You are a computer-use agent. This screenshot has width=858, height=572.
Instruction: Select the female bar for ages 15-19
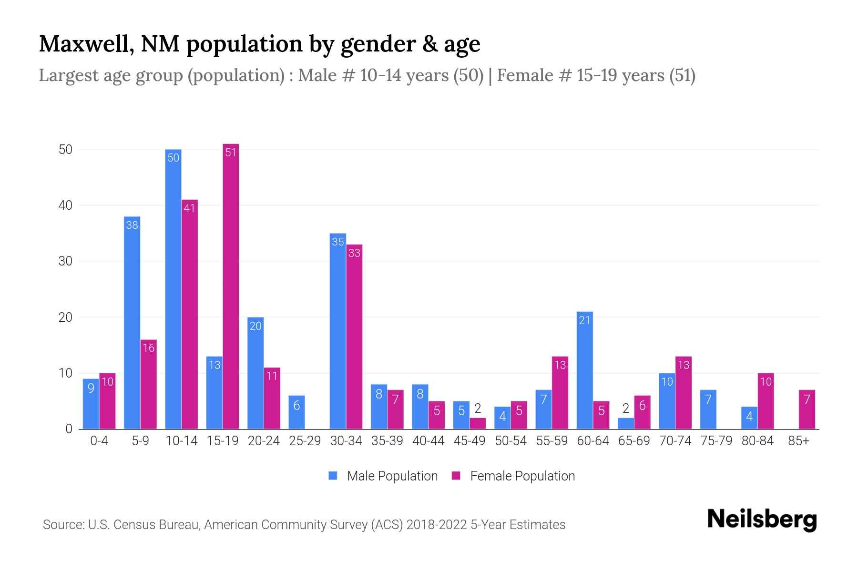[x=231, y=286]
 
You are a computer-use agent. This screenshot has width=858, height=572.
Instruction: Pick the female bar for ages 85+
[x=807, y=409]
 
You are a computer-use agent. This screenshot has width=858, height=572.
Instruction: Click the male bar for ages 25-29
[x=296, y=412]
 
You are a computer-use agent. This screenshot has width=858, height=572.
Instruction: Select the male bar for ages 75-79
[x=708, y=409]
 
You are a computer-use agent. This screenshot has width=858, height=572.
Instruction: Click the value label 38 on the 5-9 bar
[x=132, y=225]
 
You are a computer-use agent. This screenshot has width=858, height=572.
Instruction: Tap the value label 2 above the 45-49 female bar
[x=478, y=409]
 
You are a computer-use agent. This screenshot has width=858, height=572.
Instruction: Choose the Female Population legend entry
[x=513, y=476]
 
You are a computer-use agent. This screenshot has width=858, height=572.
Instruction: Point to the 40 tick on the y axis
[x=65, y=205]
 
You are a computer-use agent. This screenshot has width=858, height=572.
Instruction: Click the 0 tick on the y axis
[x=69, y=429]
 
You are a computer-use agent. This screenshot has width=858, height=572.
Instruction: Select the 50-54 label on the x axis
[x=511, y=441]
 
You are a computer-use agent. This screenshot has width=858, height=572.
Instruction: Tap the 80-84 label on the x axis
[x=757, y=441]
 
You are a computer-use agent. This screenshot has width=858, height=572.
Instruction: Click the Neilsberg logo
[x=762, y=519]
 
